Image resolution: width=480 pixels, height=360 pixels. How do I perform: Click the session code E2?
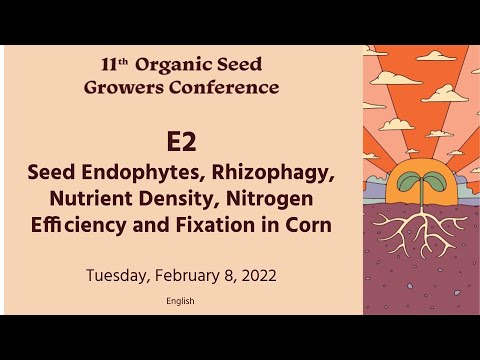182,143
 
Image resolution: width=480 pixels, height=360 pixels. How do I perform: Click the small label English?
181,301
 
